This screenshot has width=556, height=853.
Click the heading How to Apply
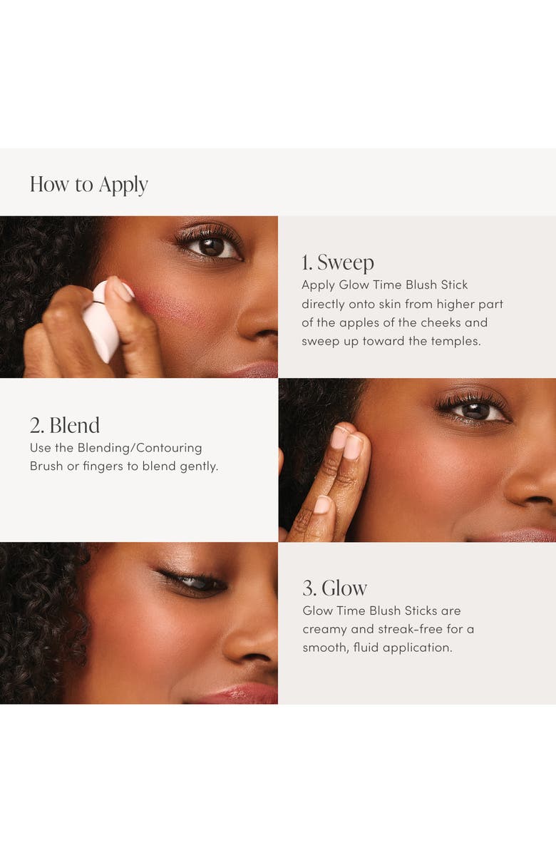(x=89, y=185)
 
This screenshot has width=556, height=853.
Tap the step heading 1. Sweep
(x=337, y=262)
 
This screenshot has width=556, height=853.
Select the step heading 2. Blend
(x=65, y=425)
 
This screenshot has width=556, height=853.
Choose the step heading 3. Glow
(x=335, y=588)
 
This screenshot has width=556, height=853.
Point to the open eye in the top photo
(x=212, y=247)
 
